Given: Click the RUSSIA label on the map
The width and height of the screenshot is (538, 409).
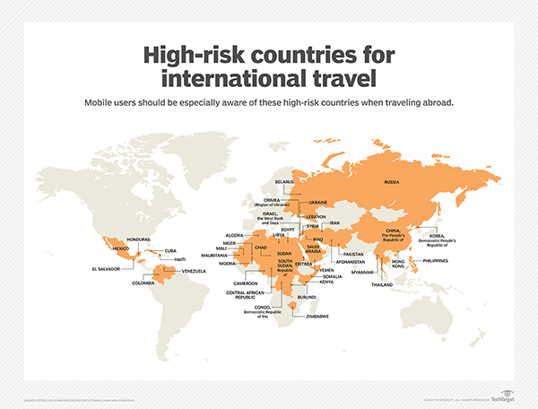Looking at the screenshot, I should pyautogui.click(x=392, y=182).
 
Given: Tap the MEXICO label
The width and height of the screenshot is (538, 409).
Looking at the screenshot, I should pyautogui.click(x=120, y=248).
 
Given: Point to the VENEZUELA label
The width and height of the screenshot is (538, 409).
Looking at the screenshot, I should pyautogui.click(x=194, y=271).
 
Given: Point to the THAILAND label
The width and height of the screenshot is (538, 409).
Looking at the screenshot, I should pyautogui.click(x=383, y=284).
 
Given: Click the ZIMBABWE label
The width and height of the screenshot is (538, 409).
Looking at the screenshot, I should pyautogui.click(x=319, y=317).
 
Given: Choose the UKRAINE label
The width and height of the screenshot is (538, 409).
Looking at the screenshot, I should pyautogui.click(x=318, y=203).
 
